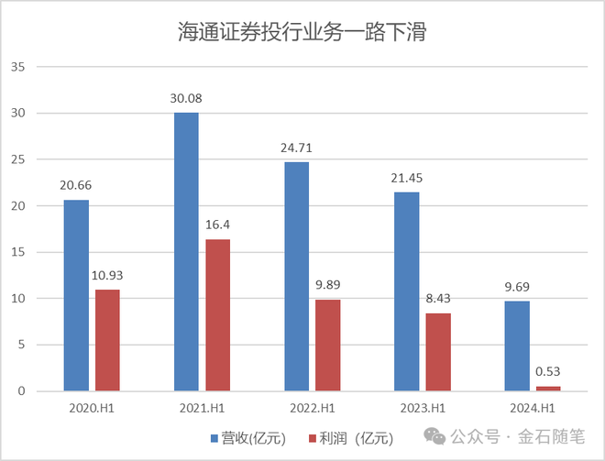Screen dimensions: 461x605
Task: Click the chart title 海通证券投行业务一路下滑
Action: [302, 33]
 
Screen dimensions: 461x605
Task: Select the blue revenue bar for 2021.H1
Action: [186, 252]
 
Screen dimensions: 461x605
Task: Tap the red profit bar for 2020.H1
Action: [108, 340]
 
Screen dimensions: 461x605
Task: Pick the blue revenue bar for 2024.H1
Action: [516, 346]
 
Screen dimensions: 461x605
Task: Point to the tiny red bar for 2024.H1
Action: [548, 389]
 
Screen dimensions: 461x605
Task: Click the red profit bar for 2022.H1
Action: [328, 346]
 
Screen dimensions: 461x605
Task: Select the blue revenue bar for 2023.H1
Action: [406, 291]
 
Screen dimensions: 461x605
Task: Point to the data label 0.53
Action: [548, 372]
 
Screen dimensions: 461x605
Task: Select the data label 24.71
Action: [297, 148]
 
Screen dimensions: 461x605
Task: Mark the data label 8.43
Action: [438, 299]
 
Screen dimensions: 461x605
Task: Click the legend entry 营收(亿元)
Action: [253, 437]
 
